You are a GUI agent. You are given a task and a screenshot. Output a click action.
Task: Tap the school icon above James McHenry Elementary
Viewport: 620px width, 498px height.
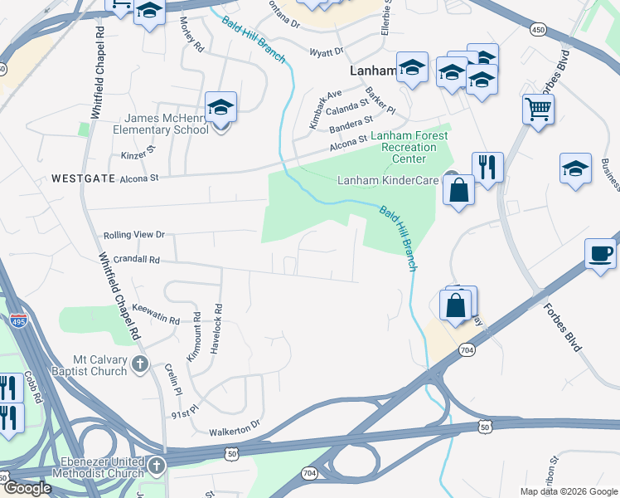[x=220, y=108]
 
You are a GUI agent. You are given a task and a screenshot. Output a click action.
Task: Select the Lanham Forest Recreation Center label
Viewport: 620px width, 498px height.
[x=404, y=147]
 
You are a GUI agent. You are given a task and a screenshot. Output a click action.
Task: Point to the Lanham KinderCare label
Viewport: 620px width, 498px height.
[x=387, y=180]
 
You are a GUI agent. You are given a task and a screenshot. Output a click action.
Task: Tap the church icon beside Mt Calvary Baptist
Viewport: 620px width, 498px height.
[x=140, y=363]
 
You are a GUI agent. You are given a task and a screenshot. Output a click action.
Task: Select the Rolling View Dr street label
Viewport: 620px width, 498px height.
[x=134, y=235]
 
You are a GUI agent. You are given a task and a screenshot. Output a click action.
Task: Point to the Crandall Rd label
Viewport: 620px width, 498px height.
[x=130, y=259]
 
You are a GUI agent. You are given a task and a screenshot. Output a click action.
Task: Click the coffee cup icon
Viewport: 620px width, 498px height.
[x=600, y=253]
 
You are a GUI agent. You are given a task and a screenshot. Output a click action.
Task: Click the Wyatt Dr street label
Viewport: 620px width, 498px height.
[x=326, y=51]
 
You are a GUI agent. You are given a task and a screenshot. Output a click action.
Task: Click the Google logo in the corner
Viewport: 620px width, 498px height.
[x=27, y=488]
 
